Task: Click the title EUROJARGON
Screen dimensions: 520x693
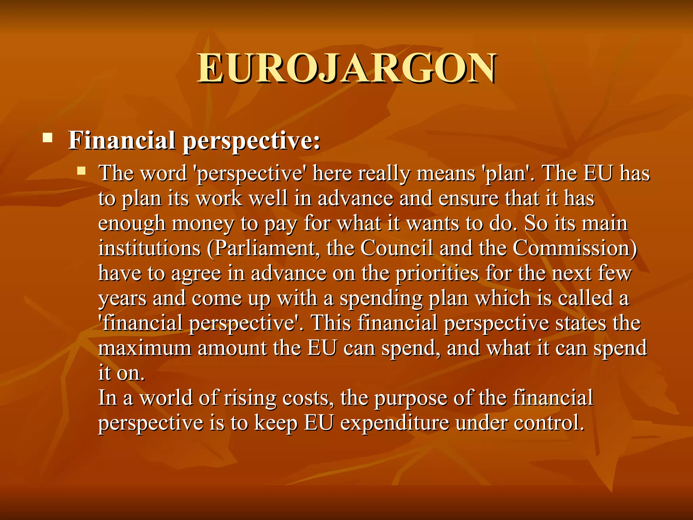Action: click(346, 68)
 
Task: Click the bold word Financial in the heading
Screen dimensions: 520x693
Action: click(122, 140)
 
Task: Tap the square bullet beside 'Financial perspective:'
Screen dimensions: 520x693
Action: click(48, 138)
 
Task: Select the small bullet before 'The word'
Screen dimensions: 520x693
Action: click(81, 170)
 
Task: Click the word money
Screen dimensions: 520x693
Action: click(203, 224)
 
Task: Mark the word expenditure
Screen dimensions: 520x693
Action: click(395, 423)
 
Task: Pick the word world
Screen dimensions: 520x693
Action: click(166, 398)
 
